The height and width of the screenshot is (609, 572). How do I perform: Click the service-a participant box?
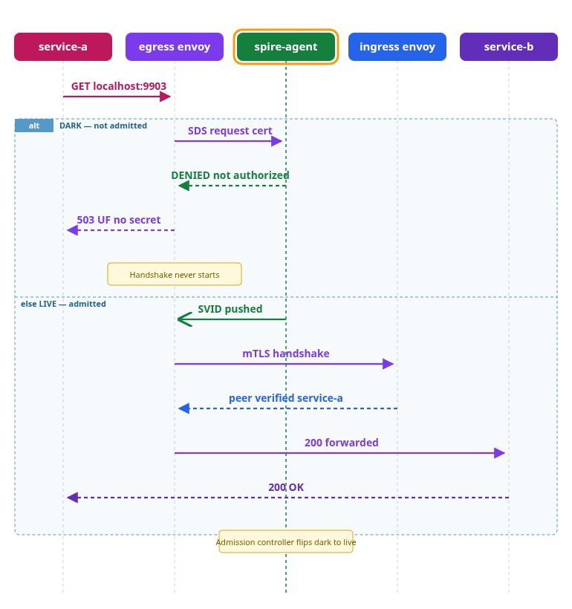point(63,47)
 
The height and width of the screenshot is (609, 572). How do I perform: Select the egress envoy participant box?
point(175,47)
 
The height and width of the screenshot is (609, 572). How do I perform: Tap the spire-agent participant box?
point(286,47)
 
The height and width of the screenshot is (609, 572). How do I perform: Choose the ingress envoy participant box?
point(397,47)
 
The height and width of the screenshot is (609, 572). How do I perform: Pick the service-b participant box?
point(509,47)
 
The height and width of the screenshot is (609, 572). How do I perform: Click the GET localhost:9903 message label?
point(119,86)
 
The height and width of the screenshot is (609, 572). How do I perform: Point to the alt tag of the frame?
point(34,126)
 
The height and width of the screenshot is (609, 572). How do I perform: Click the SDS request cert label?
point(230,131)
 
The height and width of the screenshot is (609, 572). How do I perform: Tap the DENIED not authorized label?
point(230,175)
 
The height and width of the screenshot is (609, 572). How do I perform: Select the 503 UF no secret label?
point(119,220)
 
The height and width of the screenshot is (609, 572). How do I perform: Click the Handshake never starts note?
point(175,274)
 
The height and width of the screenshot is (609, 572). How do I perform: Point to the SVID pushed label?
point(230,309)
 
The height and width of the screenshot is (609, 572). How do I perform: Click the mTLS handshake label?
point(286,354)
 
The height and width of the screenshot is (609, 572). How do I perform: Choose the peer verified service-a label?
point(286,398)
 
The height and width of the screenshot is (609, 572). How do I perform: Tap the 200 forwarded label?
point(342,443)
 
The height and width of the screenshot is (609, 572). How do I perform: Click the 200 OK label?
point(286,487)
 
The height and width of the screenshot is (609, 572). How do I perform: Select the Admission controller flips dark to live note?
point(286,541)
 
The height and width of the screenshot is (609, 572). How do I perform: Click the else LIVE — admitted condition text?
point(63,304)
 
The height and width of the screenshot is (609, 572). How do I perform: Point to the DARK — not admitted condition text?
point(103,126)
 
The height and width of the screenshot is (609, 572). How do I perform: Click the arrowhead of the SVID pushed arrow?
point(183,319)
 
